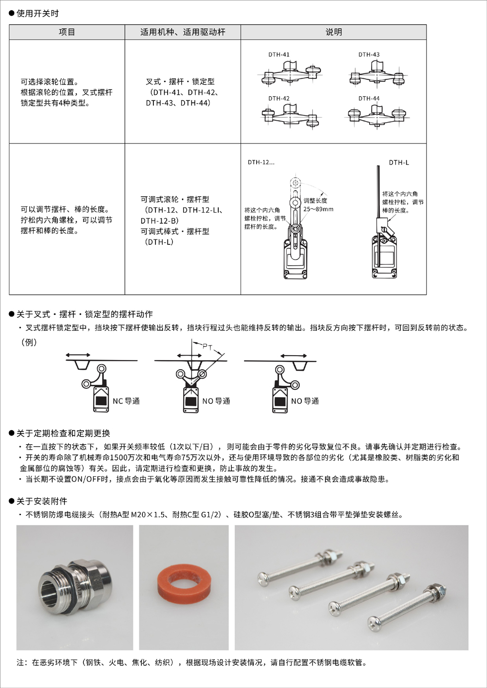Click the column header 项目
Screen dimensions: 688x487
(x=67, y=32)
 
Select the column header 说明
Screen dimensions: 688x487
(x=334, y=32)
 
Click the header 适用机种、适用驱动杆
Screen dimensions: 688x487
(x=183, y=32)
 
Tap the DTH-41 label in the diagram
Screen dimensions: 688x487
(x=279, y=54)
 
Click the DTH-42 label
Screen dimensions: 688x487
(x=279, y=98)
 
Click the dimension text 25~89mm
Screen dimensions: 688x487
(x=318, y=209)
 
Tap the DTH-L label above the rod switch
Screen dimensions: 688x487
(x=399, y=163)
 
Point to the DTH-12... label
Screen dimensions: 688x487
(x=261, y=163)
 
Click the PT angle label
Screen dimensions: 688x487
(x=207, y=347)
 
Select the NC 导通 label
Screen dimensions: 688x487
(x=126, y=401)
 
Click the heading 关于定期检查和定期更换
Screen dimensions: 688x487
(x=63, y=433)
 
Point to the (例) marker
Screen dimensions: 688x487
(x=29, y=342)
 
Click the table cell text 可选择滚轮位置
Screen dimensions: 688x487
(x=50, y=82)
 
